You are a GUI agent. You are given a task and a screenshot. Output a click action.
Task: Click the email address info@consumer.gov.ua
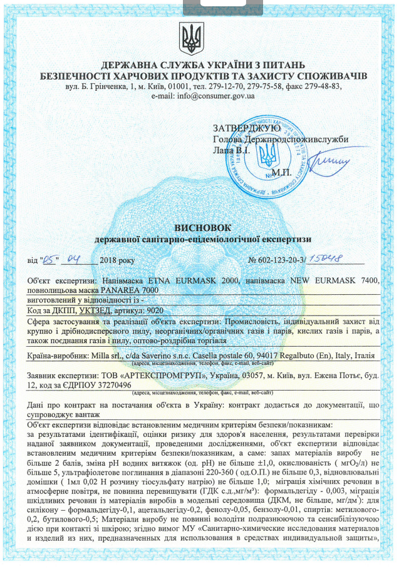[x=215, y=97]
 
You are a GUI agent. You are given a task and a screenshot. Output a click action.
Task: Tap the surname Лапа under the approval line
[x=224, y=151]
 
